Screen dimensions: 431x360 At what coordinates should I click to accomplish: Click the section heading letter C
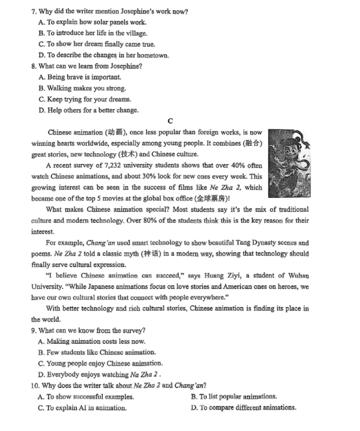point(171,121)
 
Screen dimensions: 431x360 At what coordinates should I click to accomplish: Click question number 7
point(34,11)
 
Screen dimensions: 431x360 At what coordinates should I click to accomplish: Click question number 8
point(34,66)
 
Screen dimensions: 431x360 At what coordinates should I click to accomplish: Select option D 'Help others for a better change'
point(88,110)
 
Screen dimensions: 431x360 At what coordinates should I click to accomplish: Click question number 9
point(34,330)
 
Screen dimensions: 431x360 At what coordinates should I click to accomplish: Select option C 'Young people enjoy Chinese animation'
point(100,363)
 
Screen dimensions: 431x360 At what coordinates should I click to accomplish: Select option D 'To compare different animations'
point(244,407)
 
